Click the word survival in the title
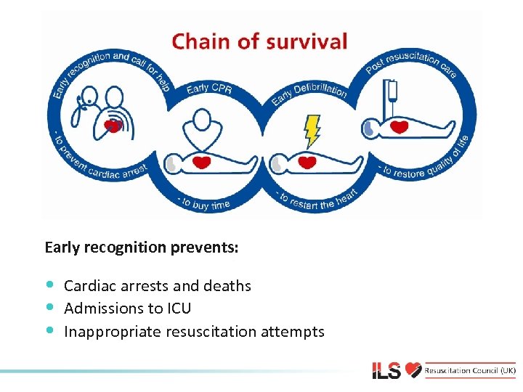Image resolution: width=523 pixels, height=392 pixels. point(307,42)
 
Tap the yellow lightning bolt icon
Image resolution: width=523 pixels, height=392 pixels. point(312,131)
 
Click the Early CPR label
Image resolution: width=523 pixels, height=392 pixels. point(208,89)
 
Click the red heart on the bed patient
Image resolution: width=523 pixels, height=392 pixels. point(400,128)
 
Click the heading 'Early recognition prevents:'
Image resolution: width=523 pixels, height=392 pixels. point(141,248)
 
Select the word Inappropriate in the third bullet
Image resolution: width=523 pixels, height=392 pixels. point(113,332)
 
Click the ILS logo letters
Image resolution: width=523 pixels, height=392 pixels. point(387,371)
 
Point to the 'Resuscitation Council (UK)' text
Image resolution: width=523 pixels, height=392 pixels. point(471,371)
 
